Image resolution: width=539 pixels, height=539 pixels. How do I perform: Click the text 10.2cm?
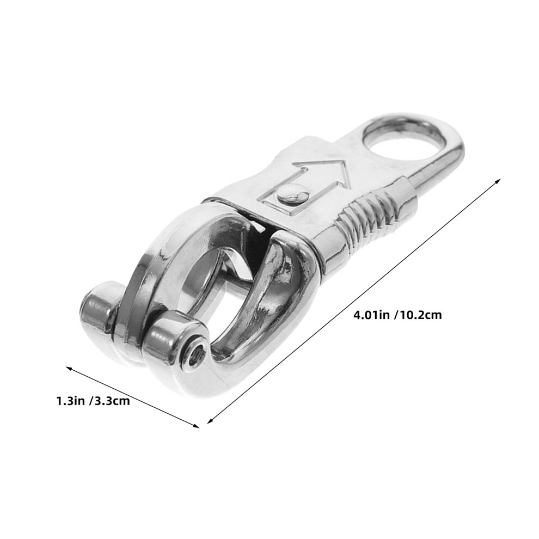420,315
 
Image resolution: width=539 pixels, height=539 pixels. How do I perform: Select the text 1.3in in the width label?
70,401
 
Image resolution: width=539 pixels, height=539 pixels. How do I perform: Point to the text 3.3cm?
112,401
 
